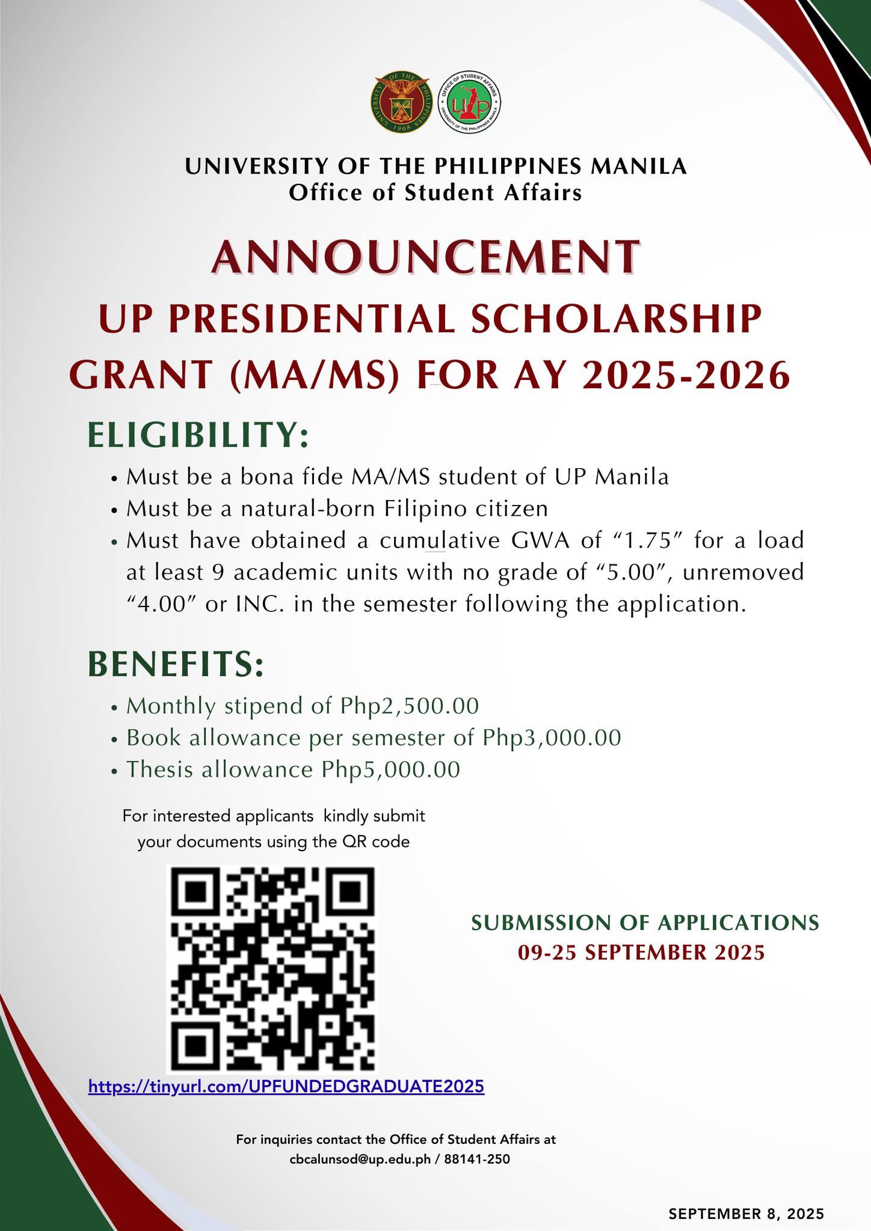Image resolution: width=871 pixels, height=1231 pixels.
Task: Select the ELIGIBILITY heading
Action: point(199,434)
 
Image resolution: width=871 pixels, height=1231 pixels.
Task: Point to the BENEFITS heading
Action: point(176,664)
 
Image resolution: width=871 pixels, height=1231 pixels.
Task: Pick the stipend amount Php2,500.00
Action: point(409,706)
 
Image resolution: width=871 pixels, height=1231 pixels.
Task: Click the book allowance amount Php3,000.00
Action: point(552,738)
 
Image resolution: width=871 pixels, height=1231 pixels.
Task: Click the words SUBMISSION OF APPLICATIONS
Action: point(645,923)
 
